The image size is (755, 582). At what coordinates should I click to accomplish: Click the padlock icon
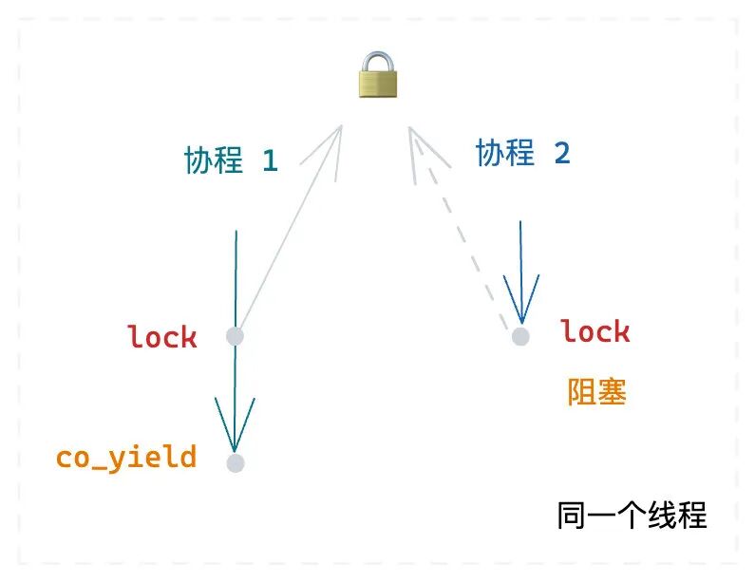click(378, 75)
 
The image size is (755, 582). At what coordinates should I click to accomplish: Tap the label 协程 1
click(231, 160)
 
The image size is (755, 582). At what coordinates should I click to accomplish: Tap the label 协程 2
click(522, 152)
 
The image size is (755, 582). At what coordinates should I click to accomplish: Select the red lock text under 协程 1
click(162, 336)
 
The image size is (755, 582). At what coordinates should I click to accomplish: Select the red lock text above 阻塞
click(595, 331)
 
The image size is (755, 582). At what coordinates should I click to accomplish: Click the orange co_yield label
click(126, 457)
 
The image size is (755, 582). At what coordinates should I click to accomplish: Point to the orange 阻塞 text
click(596, 391)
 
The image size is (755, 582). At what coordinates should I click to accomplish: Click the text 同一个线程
click(632, 516)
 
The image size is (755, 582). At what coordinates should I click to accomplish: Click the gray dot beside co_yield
click(236, 463)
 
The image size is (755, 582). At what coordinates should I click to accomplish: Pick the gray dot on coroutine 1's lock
click(236, 336)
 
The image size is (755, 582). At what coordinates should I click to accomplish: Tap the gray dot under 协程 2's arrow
click(519, 336)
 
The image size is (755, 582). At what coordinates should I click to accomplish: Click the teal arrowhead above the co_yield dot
click(235, 427)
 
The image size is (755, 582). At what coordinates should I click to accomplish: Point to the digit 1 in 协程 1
click(269, 161)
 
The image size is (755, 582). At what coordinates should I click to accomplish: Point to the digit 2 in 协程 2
click(561, 153)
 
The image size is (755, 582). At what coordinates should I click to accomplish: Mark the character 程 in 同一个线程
click(692, 516)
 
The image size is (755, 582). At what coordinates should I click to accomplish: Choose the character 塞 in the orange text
click(612, 391)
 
